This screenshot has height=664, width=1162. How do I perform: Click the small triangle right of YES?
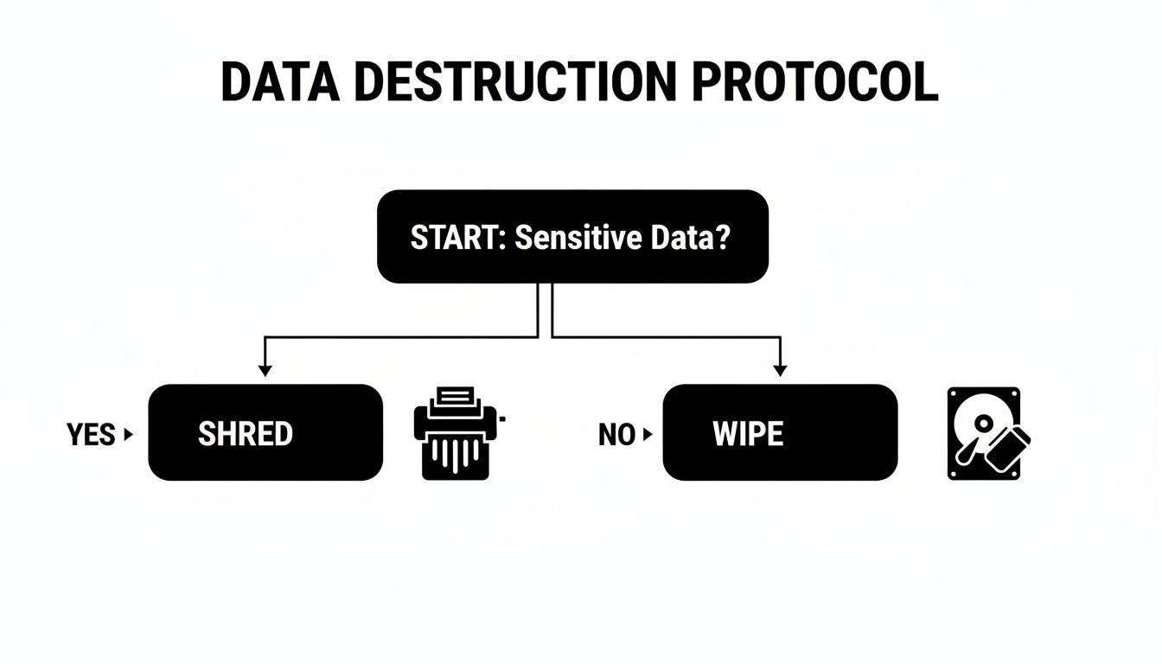tap(130, 435)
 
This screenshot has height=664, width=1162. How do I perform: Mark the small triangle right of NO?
tap(648, 435)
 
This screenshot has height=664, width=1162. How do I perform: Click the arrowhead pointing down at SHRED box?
tap(265, 370)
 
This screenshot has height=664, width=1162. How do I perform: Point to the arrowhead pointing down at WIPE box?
tap(780, 370)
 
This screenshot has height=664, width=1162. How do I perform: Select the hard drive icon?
tap(984, 433)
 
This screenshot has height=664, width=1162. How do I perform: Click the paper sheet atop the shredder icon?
tap(456, 398)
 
